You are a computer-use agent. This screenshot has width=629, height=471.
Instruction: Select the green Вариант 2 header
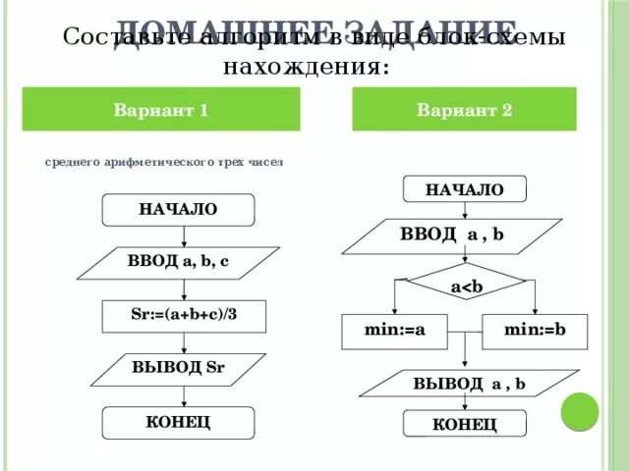[464, 110]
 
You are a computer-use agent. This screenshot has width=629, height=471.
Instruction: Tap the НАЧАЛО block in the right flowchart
[464, 189]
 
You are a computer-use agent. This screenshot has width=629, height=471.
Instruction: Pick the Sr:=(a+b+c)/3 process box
[184, 316]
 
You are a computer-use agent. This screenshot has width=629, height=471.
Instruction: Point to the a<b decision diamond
[465, 285]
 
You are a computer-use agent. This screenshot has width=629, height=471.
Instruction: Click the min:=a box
[394, 331]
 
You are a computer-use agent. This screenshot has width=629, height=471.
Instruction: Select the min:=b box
[534, 331]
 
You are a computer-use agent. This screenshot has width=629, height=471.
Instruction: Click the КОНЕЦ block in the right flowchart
[465, 424]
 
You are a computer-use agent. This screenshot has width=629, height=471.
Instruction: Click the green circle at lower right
[580, 410]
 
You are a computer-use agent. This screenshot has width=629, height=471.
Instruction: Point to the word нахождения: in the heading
[305, 66]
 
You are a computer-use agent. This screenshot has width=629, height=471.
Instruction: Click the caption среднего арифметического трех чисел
[163, 163]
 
